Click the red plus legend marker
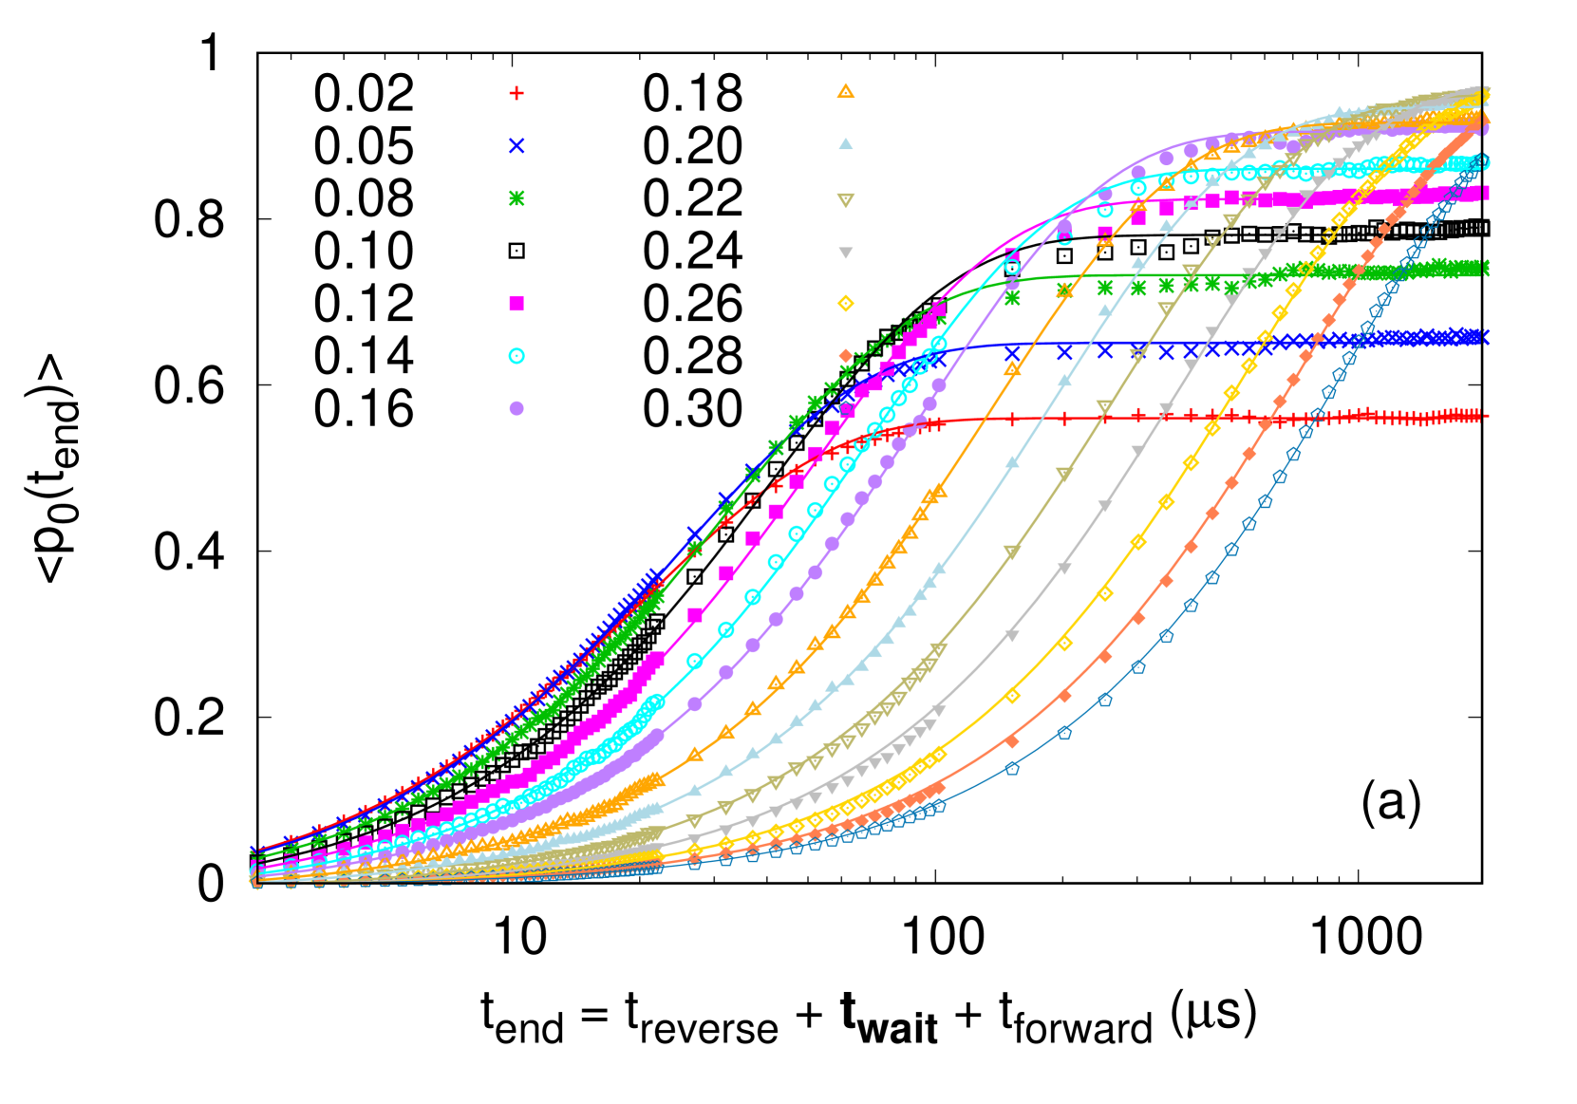(x=516, y=93)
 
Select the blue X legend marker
(x=516, y=145)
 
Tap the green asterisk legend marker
(x=516, y=198)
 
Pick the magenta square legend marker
(x=516, y=304)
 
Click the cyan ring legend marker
(x=516, y=356)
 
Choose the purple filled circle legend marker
(x=516, y=408)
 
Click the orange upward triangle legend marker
(x=846, y=92)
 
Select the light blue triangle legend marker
(x=846, y=144)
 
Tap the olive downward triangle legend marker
(x=846, y=200)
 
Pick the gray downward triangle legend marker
(x=846, y=253)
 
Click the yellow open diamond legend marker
(x=846, y=304)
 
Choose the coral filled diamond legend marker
(x=846, y=356)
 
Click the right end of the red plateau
(x=1487, y=416)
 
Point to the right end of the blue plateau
(x=1487, y=337)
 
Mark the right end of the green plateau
(x=1487, y=270)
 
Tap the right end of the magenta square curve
(x=1487, y=194)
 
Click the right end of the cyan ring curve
(x=1487, y=162)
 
